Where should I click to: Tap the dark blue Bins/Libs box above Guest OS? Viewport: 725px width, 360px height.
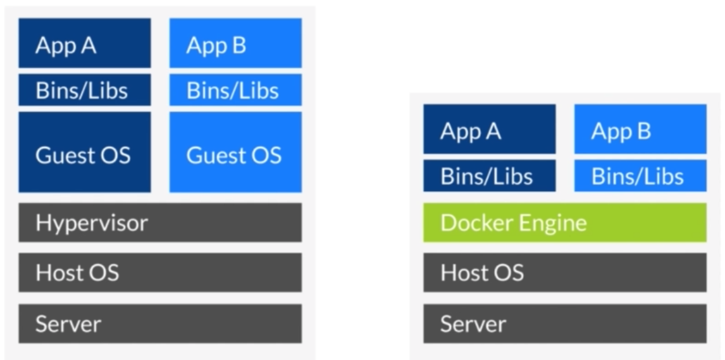point(84,90)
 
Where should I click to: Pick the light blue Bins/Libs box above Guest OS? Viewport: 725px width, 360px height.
point(235,90)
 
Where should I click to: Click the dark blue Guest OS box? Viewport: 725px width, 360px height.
point(84,152)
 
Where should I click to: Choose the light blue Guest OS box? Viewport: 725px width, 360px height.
point(235,152)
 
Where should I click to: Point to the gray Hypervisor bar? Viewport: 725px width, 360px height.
point(160,223)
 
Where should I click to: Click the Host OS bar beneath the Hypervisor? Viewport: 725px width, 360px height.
point(160,273)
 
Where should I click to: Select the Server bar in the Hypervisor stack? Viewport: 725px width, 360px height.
point(160,323)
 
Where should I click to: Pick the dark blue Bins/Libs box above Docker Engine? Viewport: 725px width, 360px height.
point(489,175)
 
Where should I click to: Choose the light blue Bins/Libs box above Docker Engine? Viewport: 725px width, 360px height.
point(640,175)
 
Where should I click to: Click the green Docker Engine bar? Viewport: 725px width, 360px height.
point(564,223)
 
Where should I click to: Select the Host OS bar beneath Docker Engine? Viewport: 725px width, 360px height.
point(564,273)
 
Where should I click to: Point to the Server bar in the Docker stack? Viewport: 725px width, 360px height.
point(564,323)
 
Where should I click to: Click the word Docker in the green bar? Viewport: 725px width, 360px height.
point(474,223)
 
